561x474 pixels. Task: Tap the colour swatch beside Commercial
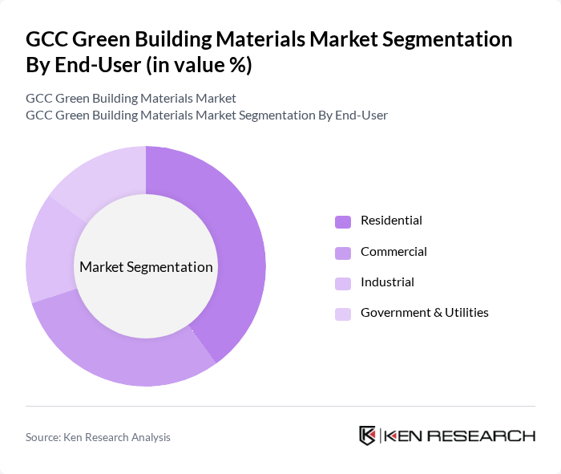(342, 253)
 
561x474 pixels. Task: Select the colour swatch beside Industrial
(342, 283)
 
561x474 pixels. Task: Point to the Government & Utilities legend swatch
(342, 314)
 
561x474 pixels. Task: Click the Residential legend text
(391, 221)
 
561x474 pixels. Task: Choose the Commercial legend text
(394, 252)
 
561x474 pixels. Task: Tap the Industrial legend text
(387, 282)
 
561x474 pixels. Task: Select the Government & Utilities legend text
(424, 313)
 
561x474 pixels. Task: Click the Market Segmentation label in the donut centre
(146, 267)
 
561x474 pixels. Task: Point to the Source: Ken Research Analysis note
(98, 437)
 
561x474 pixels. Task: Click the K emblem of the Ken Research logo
(367, 436)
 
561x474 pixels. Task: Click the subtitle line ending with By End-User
(207, 115)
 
